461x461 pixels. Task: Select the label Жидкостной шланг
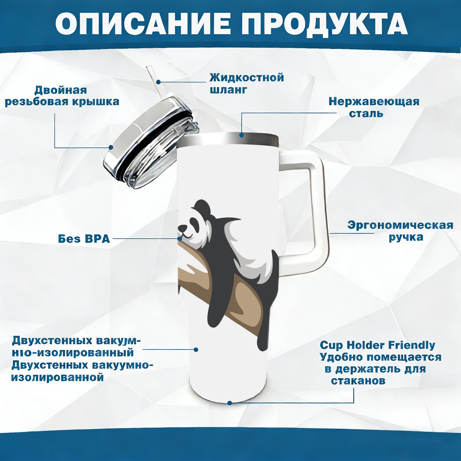coord(247,84)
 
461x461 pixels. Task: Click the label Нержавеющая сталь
coord(374,107)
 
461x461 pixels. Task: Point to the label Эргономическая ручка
coord(400,231)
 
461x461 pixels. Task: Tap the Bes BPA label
coord(84,239)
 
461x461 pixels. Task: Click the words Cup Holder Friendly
coord(377,345)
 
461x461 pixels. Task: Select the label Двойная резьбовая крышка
coord(62,96)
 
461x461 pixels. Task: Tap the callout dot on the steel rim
coord(241,135)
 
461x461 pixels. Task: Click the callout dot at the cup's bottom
coord(230,403)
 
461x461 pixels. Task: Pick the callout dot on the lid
coord(111,148)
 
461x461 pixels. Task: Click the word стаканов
coord(358,381)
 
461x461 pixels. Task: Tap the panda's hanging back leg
coord(264,331)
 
